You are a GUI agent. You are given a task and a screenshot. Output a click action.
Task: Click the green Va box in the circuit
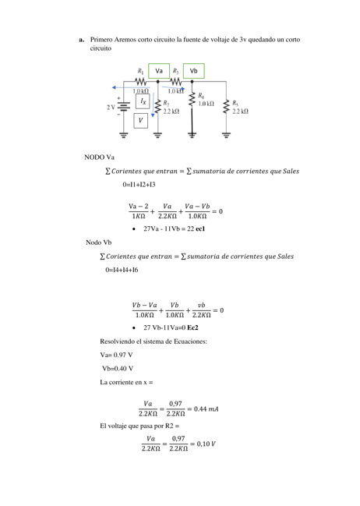coord(159,70)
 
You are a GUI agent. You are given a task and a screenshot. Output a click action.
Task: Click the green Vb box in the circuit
coord(193,70)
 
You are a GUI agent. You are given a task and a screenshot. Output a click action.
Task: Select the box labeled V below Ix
coord(141,121)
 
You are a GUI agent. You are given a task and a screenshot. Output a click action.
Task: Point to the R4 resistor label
coord(202,94)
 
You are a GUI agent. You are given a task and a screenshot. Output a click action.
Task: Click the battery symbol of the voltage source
coord(122,107)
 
